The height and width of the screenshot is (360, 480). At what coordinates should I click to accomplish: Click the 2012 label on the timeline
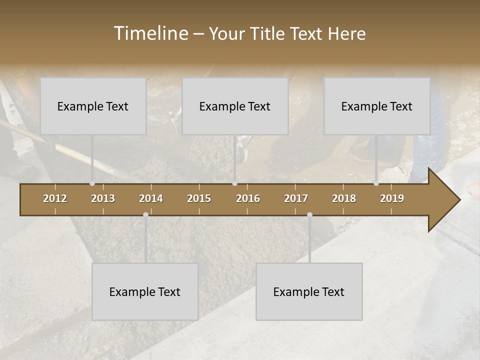55,198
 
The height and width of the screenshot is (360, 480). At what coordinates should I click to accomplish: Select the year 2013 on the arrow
103,198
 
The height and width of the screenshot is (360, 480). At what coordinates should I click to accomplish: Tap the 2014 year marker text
151,198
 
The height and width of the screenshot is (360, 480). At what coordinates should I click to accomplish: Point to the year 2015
199,198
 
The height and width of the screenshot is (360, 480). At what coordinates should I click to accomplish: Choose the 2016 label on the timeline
248,198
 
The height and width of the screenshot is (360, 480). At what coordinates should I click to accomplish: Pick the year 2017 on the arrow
296,198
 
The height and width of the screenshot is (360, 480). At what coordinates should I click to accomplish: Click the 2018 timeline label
344,198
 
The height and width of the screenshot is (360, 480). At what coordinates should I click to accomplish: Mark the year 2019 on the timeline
392,198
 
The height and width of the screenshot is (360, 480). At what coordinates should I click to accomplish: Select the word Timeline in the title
150,33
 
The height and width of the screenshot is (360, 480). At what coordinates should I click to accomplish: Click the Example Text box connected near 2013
93,106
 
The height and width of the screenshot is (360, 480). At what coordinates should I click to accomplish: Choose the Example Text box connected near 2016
235,106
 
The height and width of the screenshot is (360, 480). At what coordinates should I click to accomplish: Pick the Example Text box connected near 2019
377,106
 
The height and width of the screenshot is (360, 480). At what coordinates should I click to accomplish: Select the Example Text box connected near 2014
145,291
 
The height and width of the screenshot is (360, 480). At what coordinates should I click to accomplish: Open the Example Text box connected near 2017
309,291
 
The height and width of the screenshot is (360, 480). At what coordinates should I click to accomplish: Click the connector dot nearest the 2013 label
92,183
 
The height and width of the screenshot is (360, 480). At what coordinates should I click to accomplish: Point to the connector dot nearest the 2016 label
234,183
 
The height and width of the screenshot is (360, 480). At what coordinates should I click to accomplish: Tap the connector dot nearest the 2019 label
376,183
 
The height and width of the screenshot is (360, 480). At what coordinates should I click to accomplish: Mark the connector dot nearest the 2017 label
309,215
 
